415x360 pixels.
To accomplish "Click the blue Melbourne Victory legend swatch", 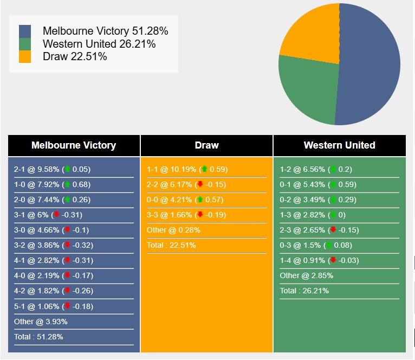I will pyautogui.click(x=25, y=31).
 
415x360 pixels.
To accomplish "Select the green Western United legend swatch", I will pyautogui.click(x=25, y=44).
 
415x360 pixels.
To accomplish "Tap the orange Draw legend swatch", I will pyautogui.click(x=25, y=56).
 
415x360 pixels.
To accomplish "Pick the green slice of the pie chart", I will pyautogui.click(x=306, y=89).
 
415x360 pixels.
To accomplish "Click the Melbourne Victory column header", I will pyautogui.click(x=74, y=145).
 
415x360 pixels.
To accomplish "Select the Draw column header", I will pyautogui.click(x=206, y=145).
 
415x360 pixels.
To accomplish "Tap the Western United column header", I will pyautogui.click(x=339, y=145).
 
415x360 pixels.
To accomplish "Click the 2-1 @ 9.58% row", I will pyautogui.click(x=52, y=170).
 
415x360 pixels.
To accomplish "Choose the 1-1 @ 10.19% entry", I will pyautogui.click(x=187, y=170).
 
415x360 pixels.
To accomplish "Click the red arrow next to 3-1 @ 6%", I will pyautogui.click(x=56, y=215).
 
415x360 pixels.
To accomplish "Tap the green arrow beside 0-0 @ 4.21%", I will pyautogui.click(x=200, y=200).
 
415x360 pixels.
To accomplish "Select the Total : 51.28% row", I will pyautogui.click(x=38, y=337).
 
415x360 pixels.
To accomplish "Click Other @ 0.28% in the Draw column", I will pyautogui.click(x=173, y=230).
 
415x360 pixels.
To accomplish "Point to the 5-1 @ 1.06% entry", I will pyautogui.click(x=54, y=306).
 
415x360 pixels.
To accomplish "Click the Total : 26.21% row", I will pyautogui.click(x=304, y=291).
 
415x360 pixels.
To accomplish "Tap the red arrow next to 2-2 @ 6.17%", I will pyautogui.click(x=200, y=184).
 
